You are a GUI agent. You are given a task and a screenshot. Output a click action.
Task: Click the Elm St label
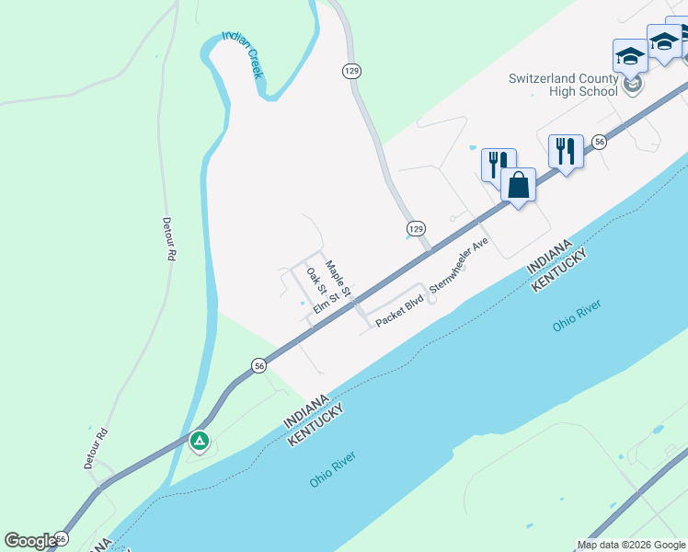(326, 303)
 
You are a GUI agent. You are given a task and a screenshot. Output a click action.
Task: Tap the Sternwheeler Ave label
(458, 267)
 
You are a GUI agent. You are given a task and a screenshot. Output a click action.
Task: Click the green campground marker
(200, 441)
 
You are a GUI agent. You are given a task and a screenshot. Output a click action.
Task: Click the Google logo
(30, 541)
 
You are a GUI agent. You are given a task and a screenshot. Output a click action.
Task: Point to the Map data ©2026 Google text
(630, 545)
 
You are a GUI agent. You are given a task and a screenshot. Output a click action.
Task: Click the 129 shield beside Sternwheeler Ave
(416, 227)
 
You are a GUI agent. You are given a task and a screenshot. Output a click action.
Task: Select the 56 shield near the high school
(599, 142)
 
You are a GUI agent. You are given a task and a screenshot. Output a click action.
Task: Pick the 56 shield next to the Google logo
(62, 537)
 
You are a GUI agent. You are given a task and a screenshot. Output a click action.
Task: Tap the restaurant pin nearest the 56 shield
(566, 150)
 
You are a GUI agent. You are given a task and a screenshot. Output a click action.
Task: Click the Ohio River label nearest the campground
(332, 469)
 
